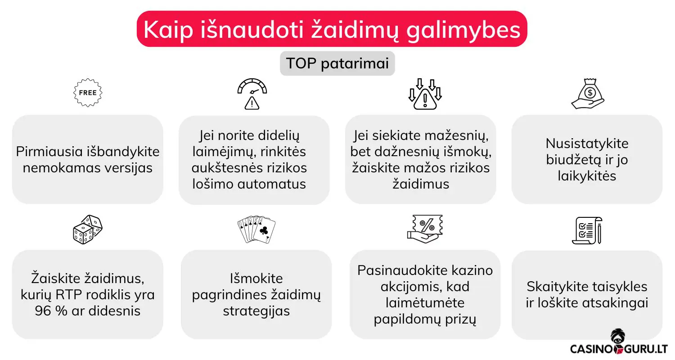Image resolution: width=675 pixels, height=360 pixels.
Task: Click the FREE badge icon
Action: tap(88, 92)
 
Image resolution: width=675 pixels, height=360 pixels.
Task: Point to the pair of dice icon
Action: tap(88, 229)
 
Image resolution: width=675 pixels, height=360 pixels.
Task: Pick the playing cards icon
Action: tap(256, 229)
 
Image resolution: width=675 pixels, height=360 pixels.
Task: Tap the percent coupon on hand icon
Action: tap(425, 229)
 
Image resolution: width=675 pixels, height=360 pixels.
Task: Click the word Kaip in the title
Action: tap(164, 30)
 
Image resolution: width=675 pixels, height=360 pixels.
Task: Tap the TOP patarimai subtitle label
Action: tap(337, 63)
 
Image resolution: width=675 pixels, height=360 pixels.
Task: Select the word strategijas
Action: tap(256, 311)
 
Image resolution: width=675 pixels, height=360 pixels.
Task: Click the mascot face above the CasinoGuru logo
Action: tap(617, 337)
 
